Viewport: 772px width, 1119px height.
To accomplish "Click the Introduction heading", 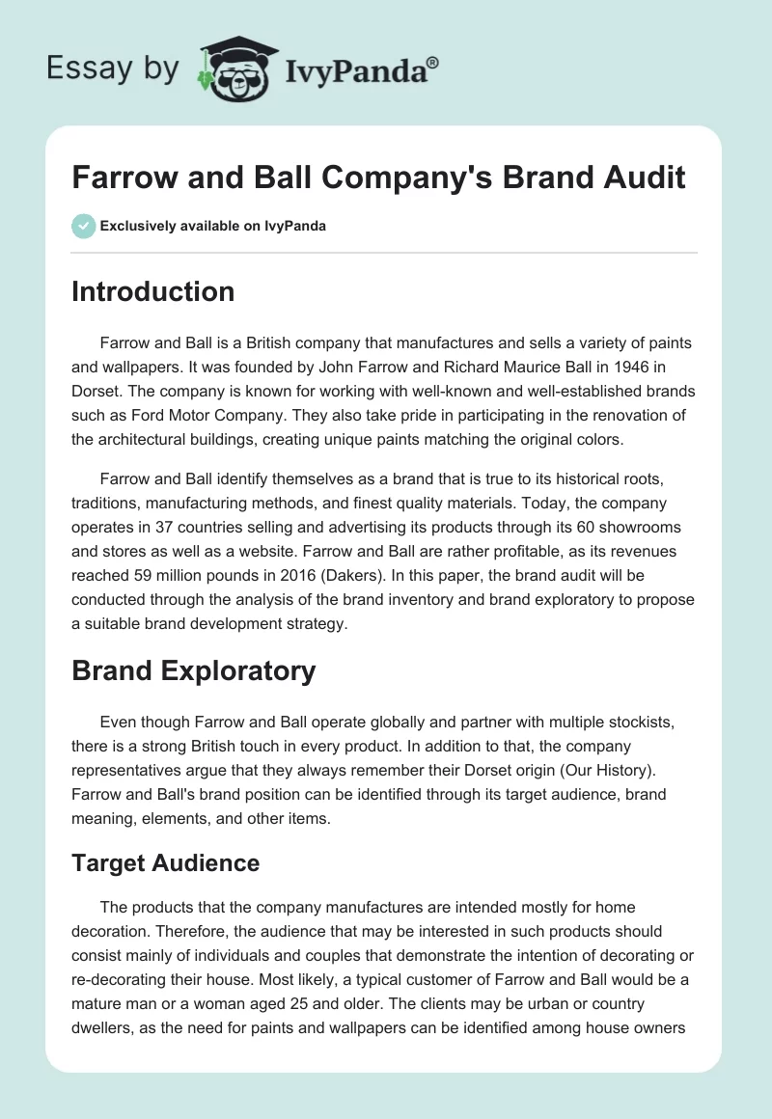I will point(152,291).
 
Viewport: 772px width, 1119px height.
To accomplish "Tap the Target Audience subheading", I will point(165,862).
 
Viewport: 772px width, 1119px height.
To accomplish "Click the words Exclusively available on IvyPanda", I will point(213,226).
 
